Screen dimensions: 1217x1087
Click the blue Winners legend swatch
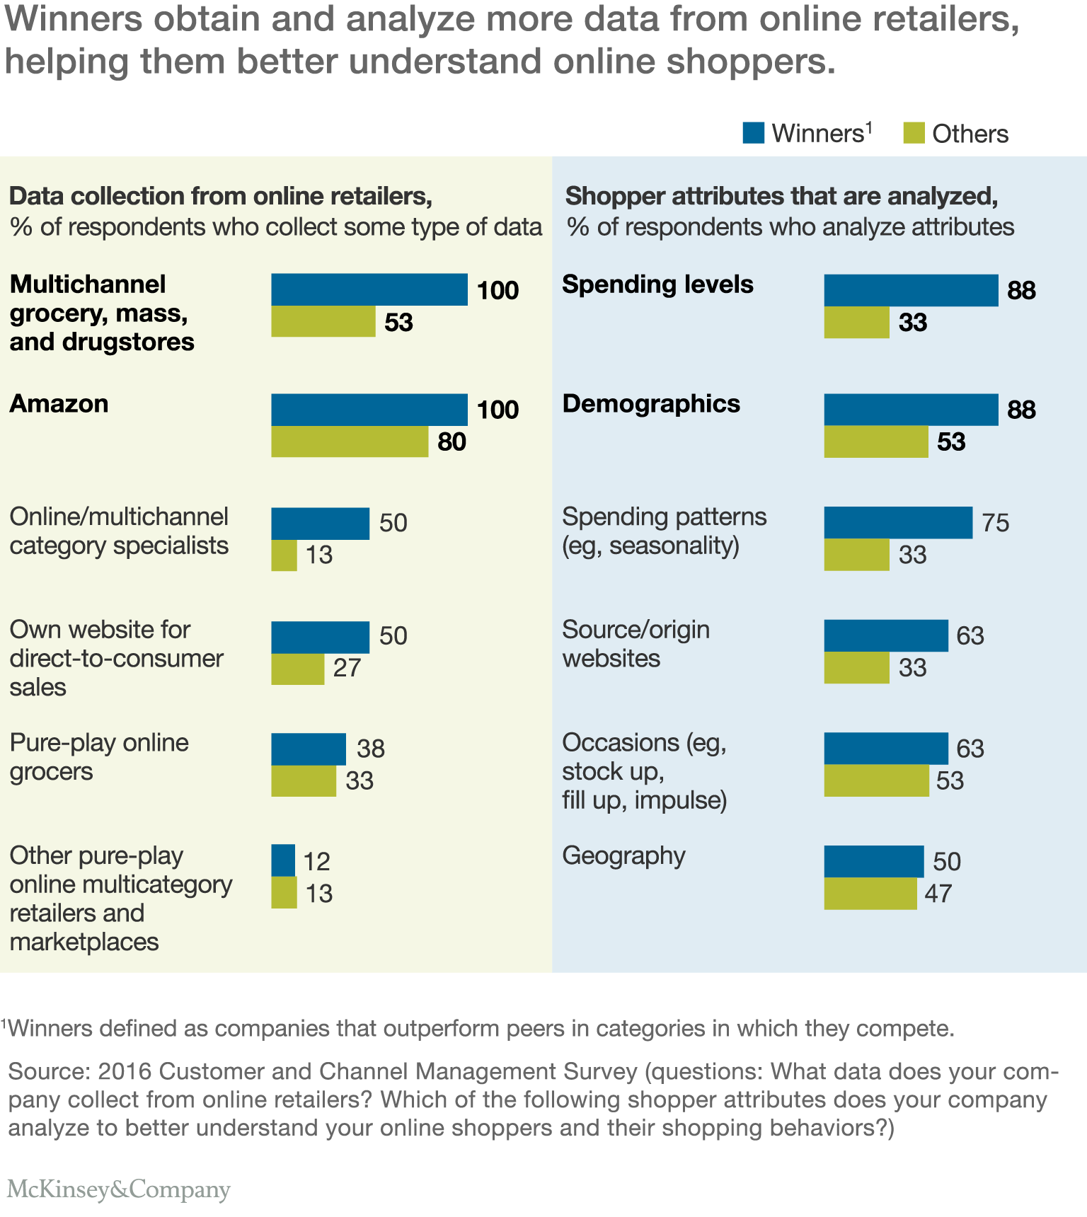click(753, 133)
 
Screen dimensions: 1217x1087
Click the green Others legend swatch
click(914, 133)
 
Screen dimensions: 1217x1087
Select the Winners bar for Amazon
click(369, 410)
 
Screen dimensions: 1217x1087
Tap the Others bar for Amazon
click(350, 442)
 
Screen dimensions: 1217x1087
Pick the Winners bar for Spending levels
click(911, 290)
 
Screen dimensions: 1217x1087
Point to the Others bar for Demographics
click(876, 442)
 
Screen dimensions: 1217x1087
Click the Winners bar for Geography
click(873, 861)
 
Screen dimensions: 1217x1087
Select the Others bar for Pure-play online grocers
click(304, 780)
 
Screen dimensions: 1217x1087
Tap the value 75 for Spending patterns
click(995, 523)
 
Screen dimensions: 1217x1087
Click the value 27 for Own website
click(347, 668)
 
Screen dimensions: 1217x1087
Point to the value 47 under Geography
click(938, 894)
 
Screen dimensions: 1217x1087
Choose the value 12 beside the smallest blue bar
click(316, 861)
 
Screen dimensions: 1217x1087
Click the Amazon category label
click(59, 404)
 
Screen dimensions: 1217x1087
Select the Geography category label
click(623, 855)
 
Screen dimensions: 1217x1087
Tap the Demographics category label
click(651, 404)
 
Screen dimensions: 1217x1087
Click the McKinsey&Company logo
click(119, 1189)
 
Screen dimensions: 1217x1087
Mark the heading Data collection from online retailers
click(221, 196)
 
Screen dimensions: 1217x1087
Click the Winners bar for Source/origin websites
click(885, 635)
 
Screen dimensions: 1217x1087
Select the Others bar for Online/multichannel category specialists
click(284, 555)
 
